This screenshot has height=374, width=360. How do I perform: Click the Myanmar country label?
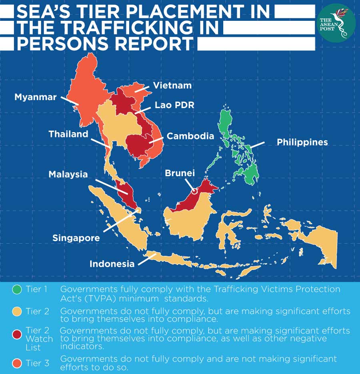(35, 97)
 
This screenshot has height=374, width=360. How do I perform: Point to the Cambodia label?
(190, 136)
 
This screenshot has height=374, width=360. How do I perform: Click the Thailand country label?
(68, 134)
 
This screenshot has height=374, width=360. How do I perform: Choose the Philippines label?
(302, 142)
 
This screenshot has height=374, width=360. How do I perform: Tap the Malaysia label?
(68, 175)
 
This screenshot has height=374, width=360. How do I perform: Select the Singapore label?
(76, 238)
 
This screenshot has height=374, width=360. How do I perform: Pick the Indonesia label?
(112, 264)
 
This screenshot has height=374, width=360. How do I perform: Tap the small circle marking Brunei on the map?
(194, 191)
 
